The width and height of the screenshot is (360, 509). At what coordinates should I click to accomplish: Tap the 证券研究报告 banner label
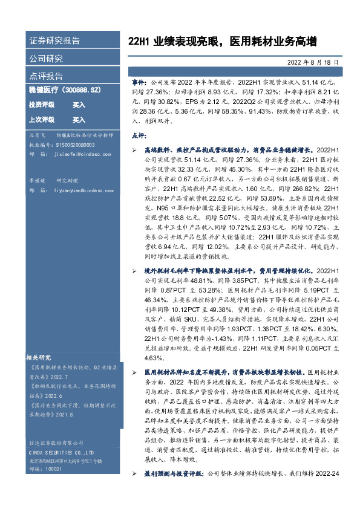coord(54,42)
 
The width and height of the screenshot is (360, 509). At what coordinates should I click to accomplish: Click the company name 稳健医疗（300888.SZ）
coord(64,90)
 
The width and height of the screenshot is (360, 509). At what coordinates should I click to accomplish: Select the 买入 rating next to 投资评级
coord(79,105)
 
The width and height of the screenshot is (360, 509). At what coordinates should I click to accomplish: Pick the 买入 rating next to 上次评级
coord(79,120)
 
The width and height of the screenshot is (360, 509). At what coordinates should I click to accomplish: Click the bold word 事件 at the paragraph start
coord(139,81)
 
